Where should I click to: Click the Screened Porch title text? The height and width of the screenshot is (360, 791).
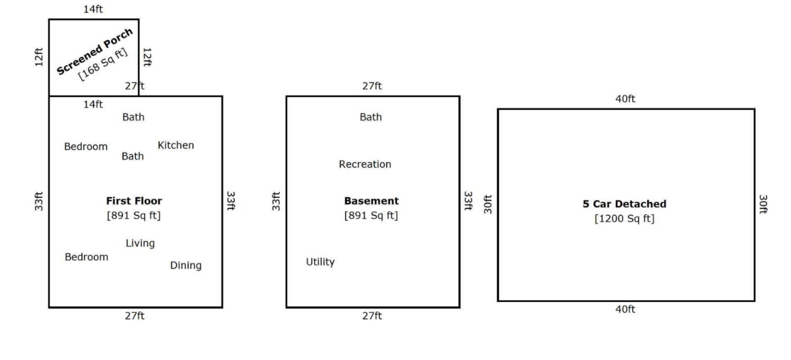tap(94, 52)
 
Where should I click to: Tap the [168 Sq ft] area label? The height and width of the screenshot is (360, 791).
tap(102, 64)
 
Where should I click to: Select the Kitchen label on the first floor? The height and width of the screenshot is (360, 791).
tap(176, 145)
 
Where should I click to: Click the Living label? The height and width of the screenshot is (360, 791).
tap(140, 243)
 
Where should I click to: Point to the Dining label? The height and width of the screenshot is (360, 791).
tap(186, 266)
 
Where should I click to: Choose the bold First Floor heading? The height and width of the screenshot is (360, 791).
tap(134, 201)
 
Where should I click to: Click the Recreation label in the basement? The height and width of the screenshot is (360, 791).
tap(365, 164)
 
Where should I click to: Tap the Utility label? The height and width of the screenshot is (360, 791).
tap(320, 262)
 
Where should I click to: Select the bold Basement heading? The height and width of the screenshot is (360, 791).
tap(371, 201)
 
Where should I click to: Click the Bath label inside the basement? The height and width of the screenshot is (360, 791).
tap(371, 117)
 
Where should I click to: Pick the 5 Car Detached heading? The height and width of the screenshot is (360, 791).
tap(624, 203)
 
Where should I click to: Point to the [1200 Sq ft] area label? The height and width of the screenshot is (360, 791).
tap(624, 218)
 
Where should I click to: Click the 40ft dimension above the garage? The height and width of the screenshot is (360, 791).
tap(625, 99)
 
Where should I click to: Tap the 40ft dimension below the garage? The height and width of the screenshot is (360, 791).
tap(625, 309)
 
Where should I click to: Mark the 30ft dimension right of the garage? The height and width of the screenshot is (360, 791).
tap(763, 205)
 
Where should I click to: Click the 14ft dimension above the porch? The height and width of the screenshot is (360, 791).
tap(93, 9)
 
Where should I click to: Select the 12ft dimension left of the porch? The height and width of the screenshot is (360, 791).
tap(39, 57)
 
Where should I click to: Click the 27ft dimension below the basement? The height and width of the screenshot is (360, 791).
tap(372, 316)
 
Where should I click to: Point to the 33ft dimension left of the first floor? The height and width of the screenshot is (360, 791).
tap(39, 201)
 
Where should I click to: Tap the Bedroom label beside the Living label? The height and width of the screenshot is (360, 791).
tap(86, 257)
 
